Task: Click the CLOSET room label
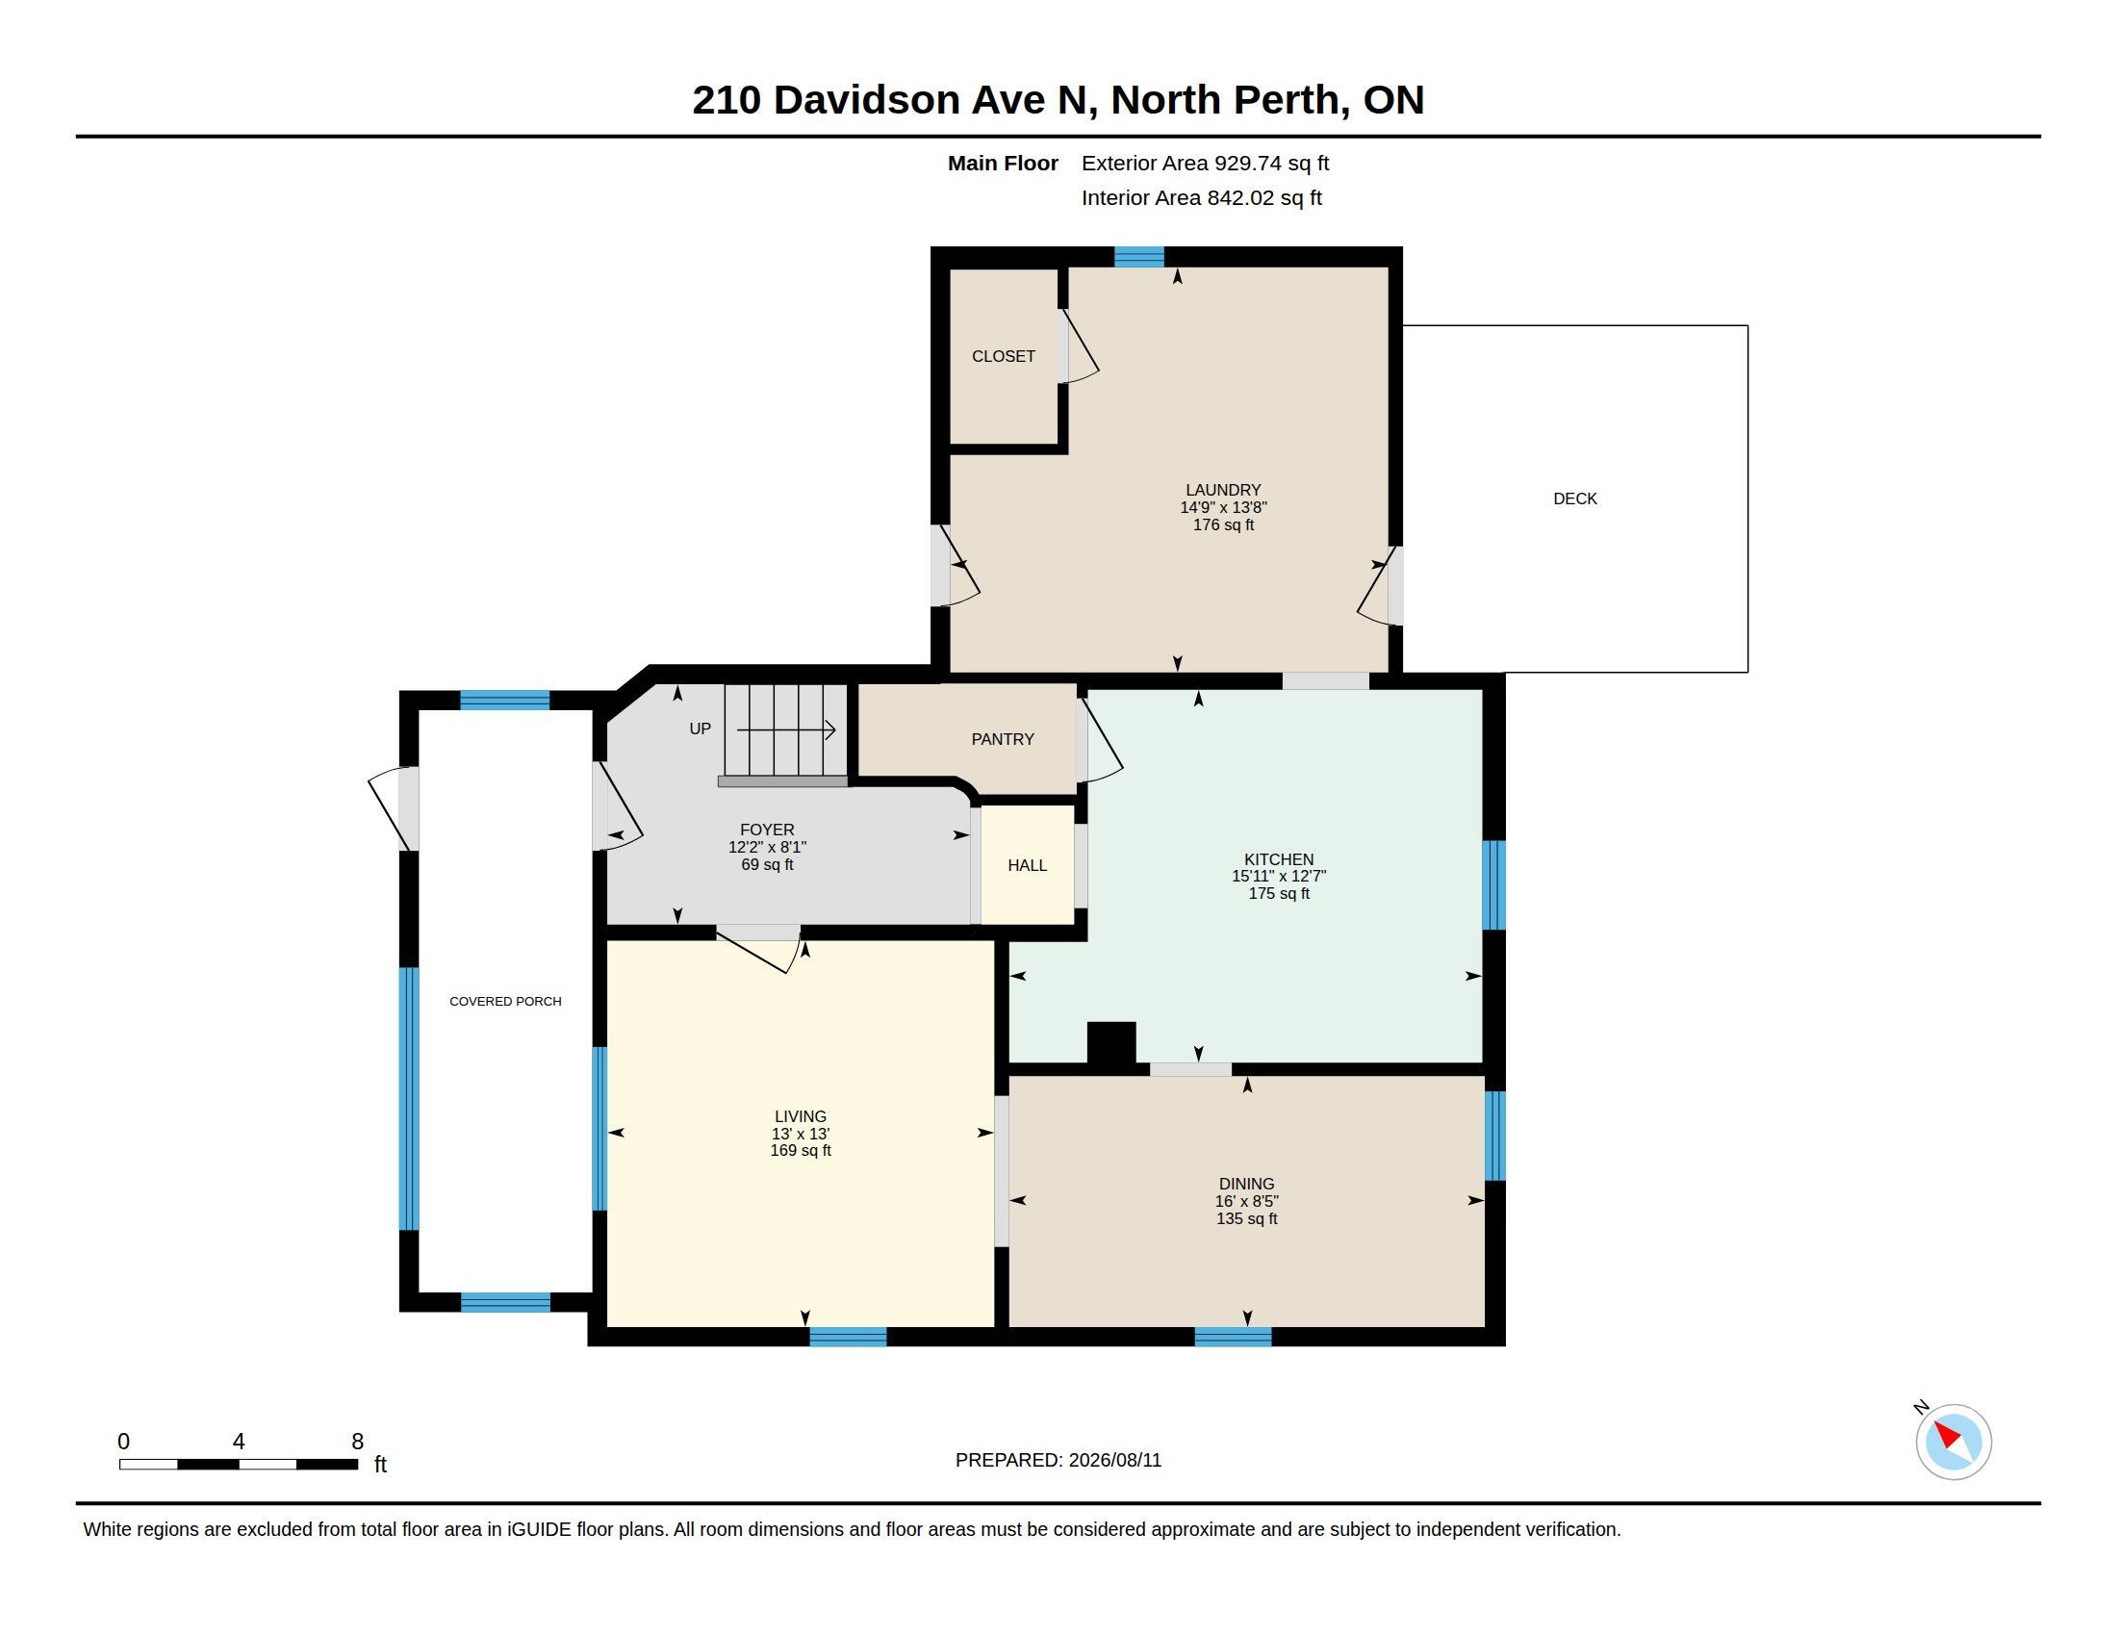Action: [1004, 357]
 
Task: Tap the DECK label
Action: [1575, 499]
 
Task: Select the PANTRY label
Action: [1003, 739]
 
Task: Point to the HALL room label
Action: [1028, 865]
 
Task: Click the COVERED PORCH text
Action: [505, 1001]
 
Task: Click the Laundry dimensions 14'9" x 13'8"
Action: [1223, 507]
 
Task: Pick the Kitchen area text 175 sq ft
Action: [1279, 894]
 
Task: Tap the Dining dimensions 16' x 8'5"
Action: [1246, 1201]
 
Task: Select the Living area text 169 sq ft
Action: [801, 1150]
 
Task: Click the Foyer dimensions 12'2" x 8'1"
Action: [767, 847]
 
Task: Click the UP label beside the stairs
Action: [700, 729]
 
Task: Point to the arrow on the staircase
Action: [786, 729]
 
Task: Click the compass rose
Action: [1953, 1442]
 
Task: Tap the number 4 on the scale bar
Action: [239, 1442]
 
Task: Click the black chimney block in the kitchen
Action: [1110, 1046]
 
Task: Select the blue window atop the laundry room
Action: [1139, 257]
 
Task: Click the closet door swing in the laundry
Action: [1079, 346]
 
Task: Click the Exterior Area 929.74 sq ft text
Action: [1205, 163]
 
